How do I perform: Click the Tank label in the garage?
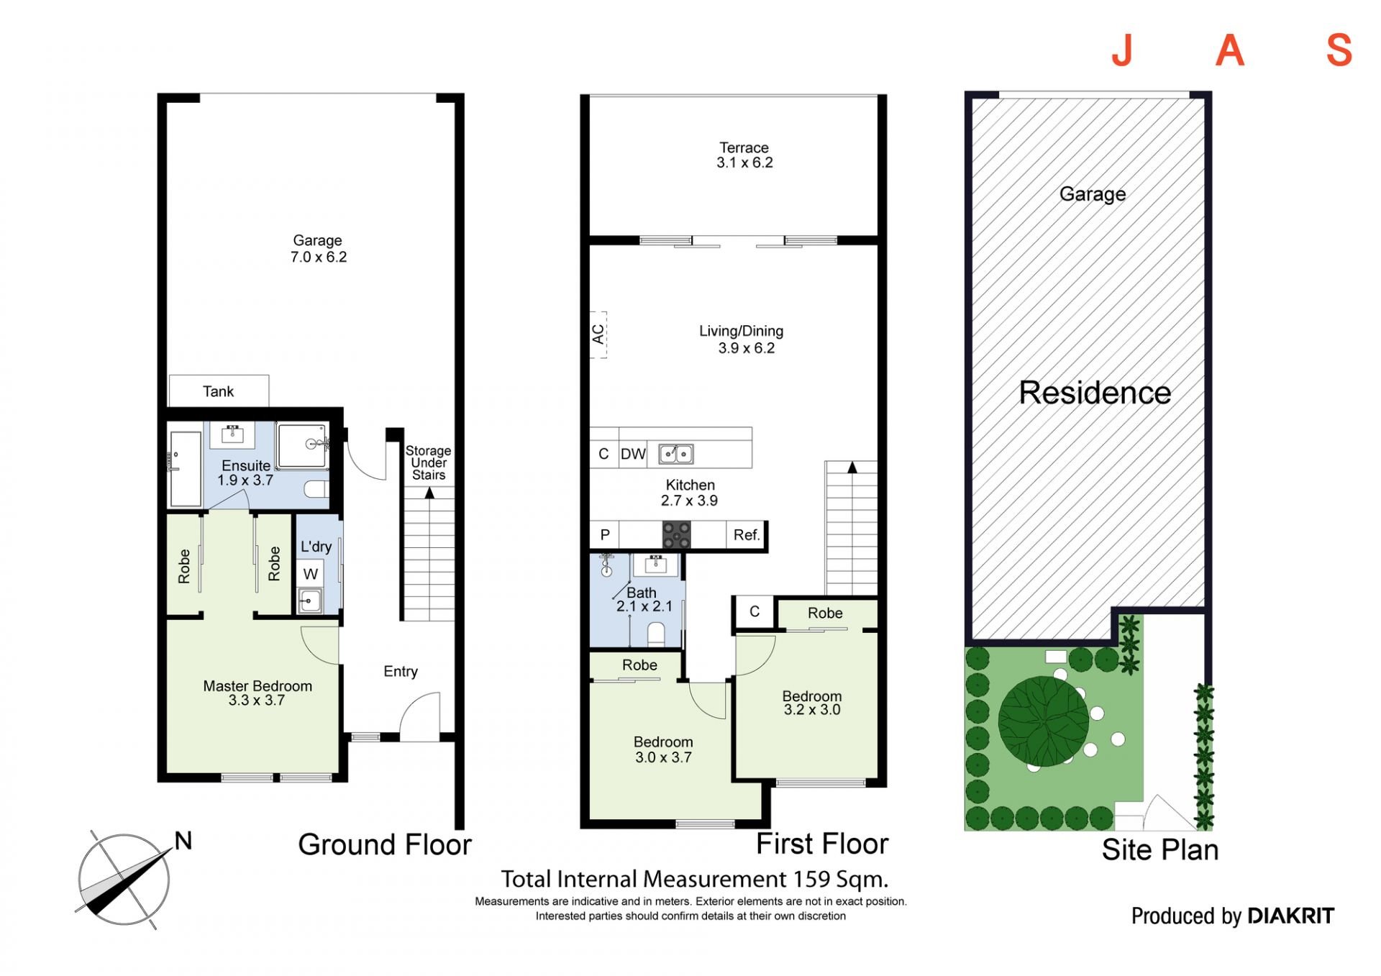pos(218,391)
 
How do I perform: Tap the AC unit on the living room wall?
pos(598,334)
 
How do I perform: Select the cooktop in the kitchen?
pos(676,535)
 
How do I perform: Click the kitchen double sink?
pos(676,454)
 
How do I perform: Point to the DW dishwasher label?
pos(633,454)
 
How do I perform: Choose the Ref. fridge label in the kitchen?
pos(747,535)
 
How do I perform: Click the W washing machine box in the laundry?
pos(311,574)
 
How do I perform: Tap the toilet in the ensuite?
pos(316,490)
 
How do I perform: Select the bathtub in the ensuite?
pos(186,469)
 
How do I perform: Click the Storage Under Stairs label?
pos(429,462)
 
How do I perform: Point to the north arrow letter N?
pos(183,841)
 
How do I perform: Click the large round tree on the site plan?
pos(1044,721)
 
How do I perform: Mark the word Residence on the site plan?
pos(1095,393)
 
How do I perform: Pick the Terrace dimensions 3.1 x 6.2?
pos(744,163)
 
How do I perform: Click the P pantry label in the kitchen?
pos(605,535)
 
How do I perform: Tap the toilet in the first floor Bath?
pos(656,634)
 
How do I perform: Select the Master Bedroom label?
pos(257,686)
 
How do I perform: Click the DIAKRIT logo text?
pos(1291,916)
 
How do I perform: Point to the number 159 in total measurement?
pos(811,879)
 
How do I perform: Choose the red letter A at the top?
pos(1230,50)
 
